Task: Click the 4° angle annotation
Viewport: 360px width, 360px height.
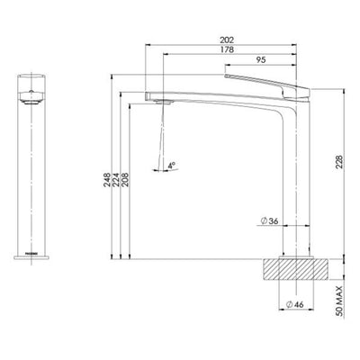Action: click(x=172, y=165)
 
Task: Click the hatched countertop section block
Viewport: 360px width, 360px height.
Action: click(x=289, y=267)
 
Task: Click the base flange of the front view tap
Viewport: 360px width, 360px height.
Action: click(x=31, y=258)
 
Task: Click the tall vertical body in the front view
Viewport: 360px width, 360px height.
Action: click(x=31, y=180)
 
